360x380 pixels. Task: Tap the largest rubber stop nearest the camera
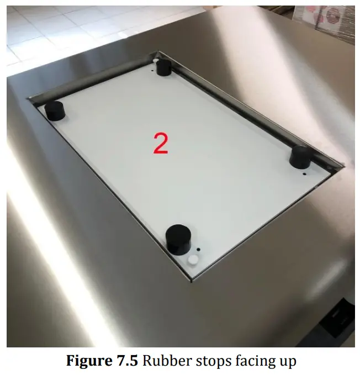pyautogui.click(x=179, y=239)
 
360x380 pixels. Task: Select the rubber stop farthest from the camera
pyautogui.click(x=163, y=67)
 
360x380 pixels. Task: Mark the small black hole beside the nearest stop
pyautogui.click(x=199, y=249)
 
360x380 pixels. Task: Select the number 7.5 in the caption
pyautogui.click(x=128, y=362)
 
